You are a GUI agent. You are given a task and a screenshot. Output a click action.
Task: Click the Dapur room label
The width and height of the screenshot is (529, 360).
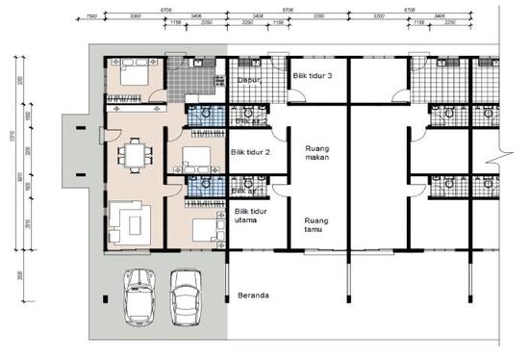[249, 81]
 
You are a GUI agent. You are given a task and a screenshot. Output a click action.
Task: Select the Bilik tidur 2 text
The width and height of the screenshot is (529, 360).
[250, 152]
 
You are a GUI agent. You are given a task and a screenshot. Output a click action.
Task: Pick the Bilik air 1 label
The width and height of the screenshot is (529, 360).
[248, 191]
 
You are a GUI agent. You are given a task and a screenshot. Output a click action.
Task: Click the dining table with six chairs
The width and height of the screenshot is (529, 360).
[134, 154]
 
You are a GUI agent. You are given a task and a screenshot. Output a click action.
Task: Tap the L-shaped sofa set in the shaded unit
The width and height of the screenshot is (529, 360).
[129, 220]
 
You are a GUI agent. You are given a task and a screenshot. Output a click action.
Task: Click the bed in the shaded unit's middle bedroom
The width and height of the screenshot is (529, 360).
[197, 157]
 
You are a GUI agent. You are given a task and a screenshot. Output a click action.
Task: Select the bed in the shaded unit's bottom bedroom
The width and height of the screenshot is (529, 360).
[205, 228]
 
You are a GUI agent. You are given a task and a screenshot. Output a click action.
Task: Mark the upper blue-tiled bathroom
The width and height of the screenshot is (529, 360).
[203, 116]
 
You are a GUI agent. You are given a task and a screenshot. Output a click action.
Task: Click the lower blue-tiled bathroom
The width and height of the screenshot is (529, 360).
[203, 185]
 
